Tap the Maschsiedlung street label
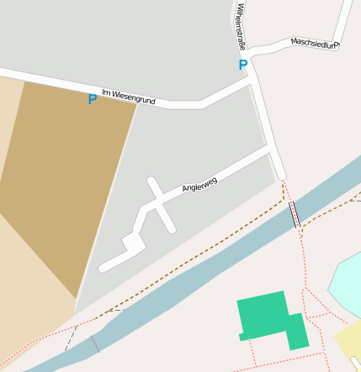pos(313,43)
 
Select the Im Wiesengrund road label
pos(128,97)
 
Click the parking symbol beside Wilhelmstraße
pos(243,65)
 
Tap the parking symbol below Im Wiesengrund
pos(93,99)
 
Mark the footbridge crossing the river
pos(295,215)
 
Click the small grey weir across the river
pos(94,343)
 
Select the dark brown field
pos(67,176)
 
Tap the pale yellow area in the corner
pos(349,343)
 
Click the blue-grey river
pos(194,277)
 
